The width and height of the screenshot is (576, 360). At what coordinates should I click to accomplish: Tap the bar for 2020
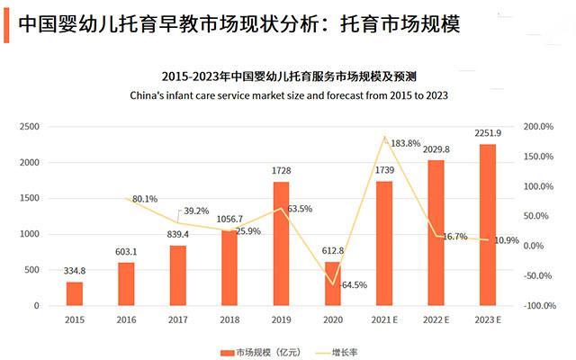click(x=333, y=283)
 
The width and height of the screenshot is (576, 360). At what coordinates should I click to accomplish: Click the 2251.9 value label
click(x=487, y=133)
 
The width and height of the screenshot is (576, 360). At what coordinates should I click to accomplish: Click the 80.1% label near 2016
click(x=145, y=199)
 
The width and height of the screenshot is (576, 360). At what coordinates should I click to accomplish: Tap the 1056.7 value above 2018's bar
click(x=229, y=219)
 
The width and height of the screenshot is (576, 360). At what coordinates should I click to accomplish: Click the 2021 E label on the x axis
click(x=384, y=319)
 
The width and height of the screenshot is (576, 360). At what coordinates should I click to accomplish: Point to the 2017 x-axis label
click(x=177, y=319)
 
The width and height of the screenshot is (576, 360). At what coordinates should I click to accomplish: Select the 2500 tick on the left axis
click(x=30, y=127)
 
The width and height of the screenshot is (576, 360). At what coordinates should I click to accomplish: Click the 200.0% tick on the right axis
click(x=537, y=127)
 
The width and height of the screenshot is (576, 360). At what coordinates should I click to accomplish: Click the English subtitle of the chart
click(x=289, y=94)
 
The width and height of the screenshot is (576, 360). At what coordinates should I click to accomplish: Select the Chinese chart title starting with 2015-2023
click(x=289, y=76)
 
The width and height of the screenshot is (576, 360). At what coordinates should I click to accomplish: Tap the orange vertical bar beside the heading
click(x=7, y=23)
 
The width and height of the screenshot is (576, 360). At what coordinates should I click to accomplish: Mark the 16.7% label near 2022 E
click(x=455, y=237)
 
